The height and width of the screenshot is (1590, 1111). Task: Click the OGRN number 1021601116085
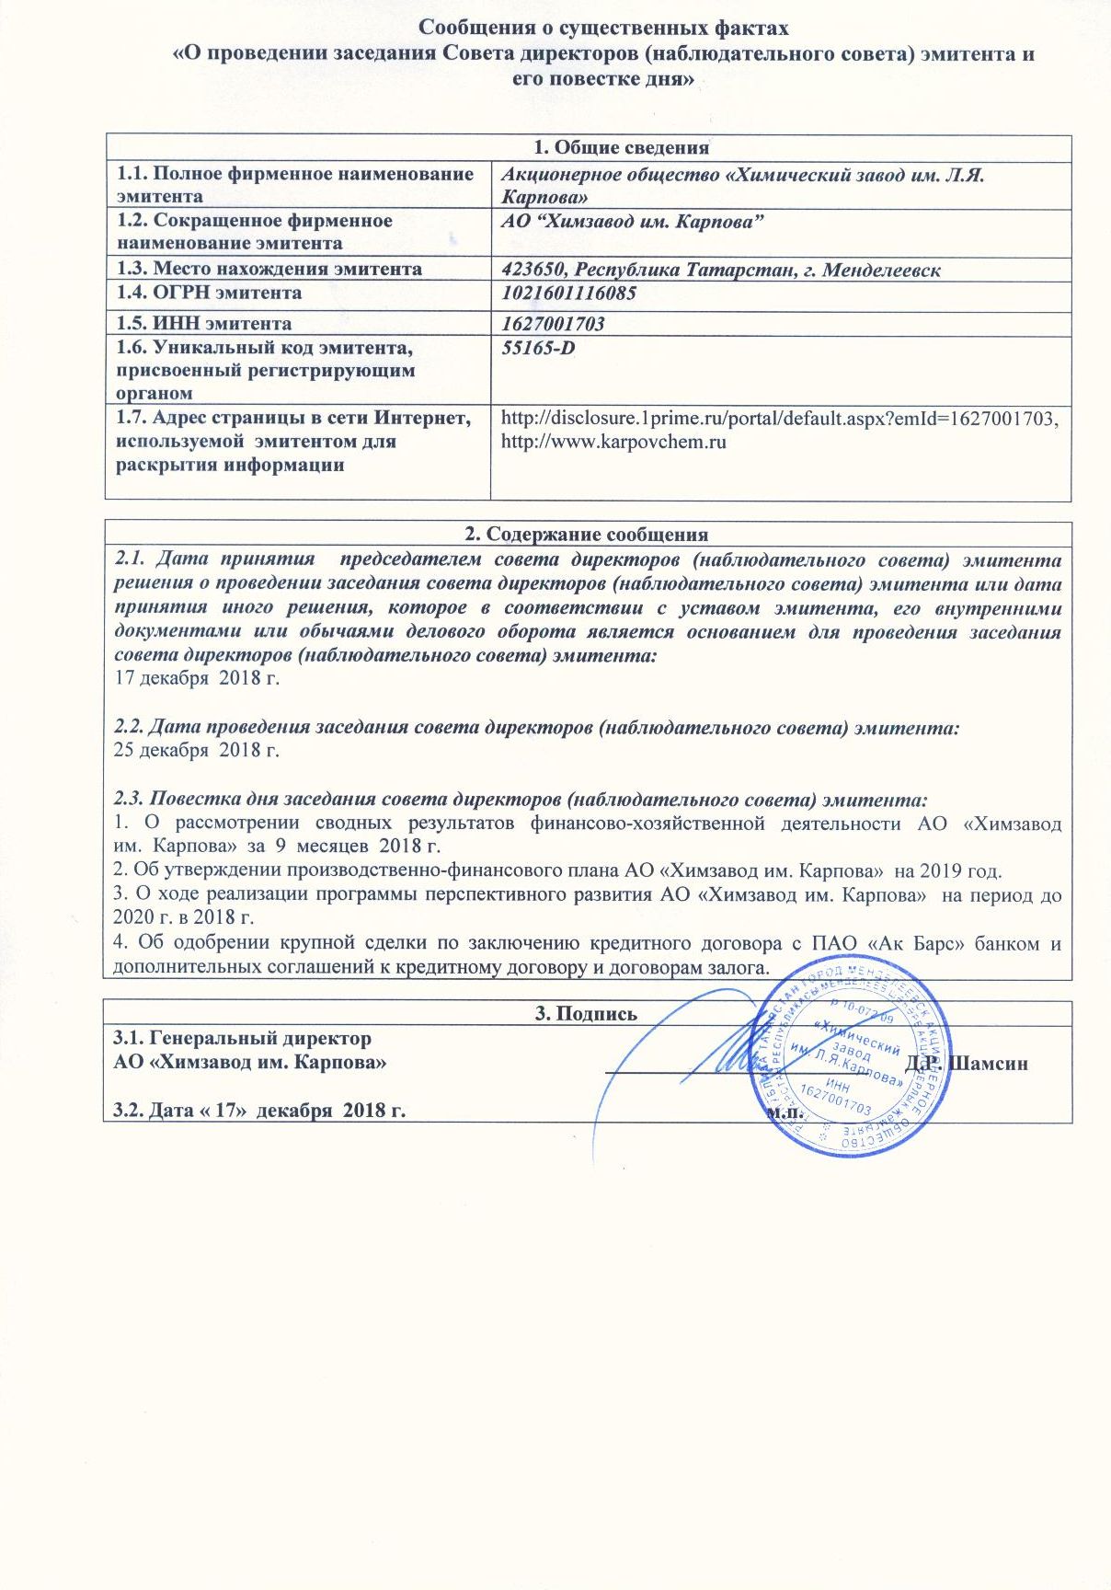coord(568,294)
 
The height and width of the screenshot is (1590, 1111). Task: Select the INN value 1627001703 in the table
coord(553,324)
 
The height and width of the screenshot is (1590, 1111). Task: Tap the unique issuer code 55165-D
coord(538,349)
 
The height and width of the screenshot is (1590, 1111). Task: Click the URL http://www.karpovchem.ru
coord(613,443)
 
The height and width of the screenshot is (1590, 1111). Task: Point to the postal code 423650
coord(533,270)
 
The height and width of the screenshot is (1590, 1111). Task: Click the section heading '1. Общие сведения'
coord(623,148)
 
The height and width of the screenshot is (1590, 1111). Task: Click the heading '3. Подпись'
coord(586,1014)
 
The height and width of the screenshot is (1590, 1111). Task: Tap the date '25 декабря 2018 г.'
coord(196,750)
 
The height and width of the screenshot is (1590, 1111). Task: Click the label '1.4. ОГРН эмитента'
coord(209,294)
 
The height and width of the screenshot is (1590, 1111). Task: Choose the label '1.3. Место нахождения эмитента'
coord(269,270)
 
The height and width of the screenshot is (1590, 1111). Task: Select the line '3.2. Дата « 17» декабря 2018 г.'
coord(259,1111)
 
